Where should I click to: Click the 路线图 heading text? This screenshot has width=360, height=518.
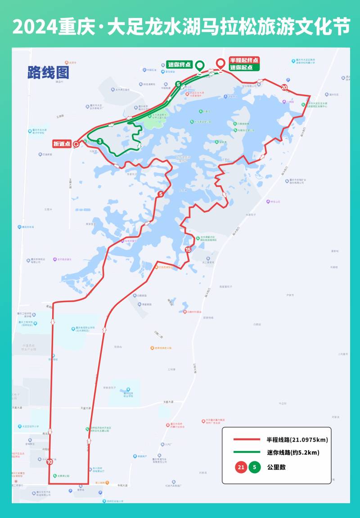click(x=48, y=72)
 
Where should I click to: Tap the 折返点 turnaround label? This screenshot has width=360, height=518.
click(x=62, y=144)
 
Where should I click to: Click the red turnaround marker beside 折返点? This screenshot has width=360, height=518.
click(x=76, y=144)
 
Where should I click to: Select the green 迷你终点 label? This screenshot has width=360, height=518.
click(x=180, y=64)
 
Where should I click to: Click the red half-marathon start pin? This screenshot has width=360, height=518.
click(x=220, y=64)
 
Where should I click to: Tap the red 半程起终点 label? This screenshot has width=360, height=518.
click(x=244, y=60)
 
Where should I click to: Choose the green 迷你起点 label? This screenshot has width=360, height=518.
click(x=244, y=67)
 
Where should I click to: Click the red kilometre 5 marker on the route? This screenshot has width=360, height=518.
click(x=161, y=194)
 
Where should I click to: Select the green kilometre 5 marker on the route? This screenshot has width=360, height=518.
click(x=178, y=84)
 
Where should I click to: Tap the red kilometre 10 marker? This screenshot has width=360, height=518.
click(x=49, y=461)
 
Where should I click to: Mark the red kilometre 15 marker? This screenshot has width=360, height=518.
click(x=188, y=250)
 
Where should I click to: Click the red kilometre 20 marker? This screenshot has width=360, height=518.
click(x=284, y=87)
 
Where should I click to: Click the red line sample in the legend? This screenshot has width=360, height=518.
click(x=247, y=439)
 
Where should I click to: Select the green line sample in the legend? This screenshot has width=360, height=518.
click(x=247, y=452)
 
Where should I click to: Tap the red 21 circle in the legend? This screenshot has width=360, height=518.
click(x=241, y=467)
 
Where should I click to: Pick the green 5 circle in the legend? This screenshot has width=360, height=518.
click(x=255, y=467)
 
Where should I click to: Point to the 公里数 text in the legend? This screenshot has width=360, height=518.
click(x=276, y=467)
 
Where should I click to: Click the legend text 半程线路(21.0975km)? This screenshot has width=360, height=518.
click(x=297, y=439)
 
